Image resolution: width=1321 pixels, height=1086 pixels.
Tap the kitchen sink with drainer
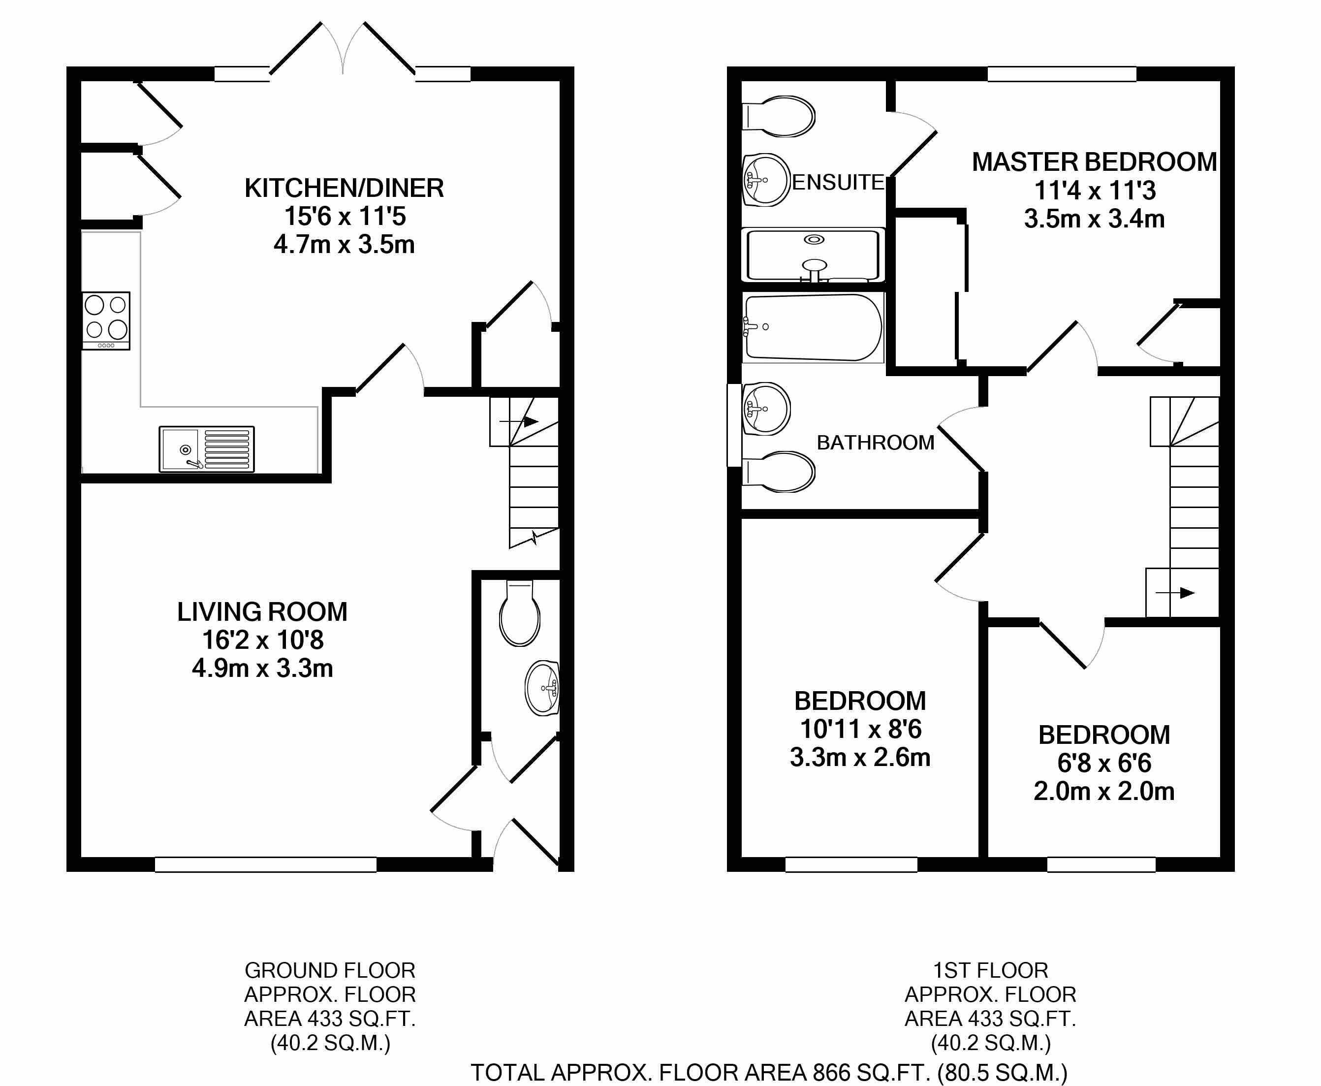coord(206,448)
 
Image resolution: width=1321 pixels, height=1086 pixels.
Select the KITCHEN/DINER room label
coord(344,188)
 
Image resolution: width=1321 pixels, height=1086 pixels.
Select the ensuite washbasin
coord(766,180)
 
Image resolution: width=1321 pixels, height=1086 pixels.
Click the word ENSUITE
coord(838,183)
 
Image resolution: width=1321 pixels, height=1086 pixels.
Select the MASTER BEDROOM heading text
coord(1094,162)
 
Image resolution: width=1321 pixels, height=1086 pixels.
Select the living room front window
coord(266,864)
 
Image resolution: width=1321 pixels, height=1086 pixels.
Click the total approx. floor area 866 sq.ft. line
coord(769,1072)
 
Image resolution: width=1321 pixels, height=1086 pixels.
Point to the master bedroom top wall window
coord(1062,74)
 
